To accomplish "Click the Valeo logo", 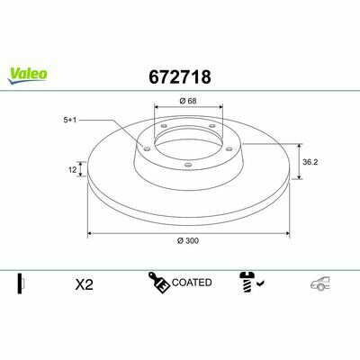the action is coord(28,76).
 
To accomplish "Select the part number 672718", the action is coord(180,76).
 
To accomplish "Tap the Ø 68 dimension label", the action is coord(188,101).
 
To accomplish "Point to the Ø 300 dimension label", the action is coord(188,240).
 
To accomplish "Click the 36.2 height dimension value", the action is coord(310,162).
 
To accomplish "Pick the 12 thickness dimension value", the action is coord(73,170).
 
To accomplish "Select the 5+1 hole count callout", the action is coord(70,121).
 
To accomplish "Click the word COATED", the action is coord(192,283).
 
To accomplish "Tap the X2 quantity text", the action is coord(85,284).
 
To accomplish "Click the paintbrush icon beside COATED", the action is coord(159,283).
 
